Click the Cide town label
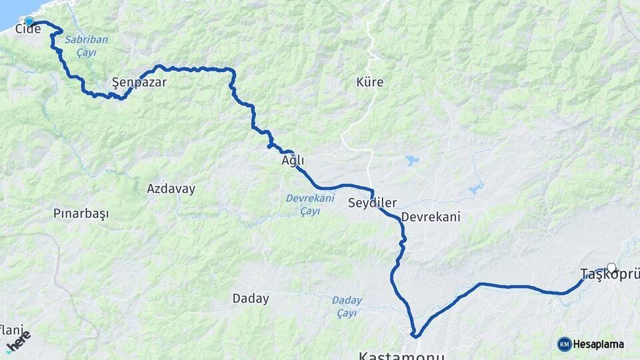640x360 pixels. pos(28,29)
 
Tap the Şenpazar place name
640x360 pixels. pos(139,83)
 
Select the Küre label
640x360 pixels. pos(370,83)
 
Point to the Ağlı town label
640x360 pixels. pos(293,161)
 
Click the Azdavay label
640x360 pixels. pos(171,189)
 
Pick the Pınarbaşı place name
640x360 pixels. pos(81,213)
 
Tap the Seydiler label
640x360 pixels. pos(372,203)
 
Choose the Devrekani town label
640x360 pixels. pos(431,217)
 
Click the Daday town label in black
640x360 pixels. pos(251,299)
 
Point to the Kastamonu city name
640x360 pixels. pos(401,355)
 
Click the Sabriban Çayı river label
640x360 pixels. pos(86,45)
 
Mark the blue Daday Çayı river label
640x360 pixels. pos(347,306)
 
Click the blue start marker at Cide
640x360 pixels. pos(29,21)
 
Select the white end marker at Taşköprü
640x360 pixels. pos(611,267)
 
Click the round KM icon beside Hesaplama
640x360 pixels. pos(564,344)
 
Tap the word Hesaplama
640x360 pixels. pos(598,345)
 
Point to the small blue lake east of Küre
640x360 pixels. pos(411,160)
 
